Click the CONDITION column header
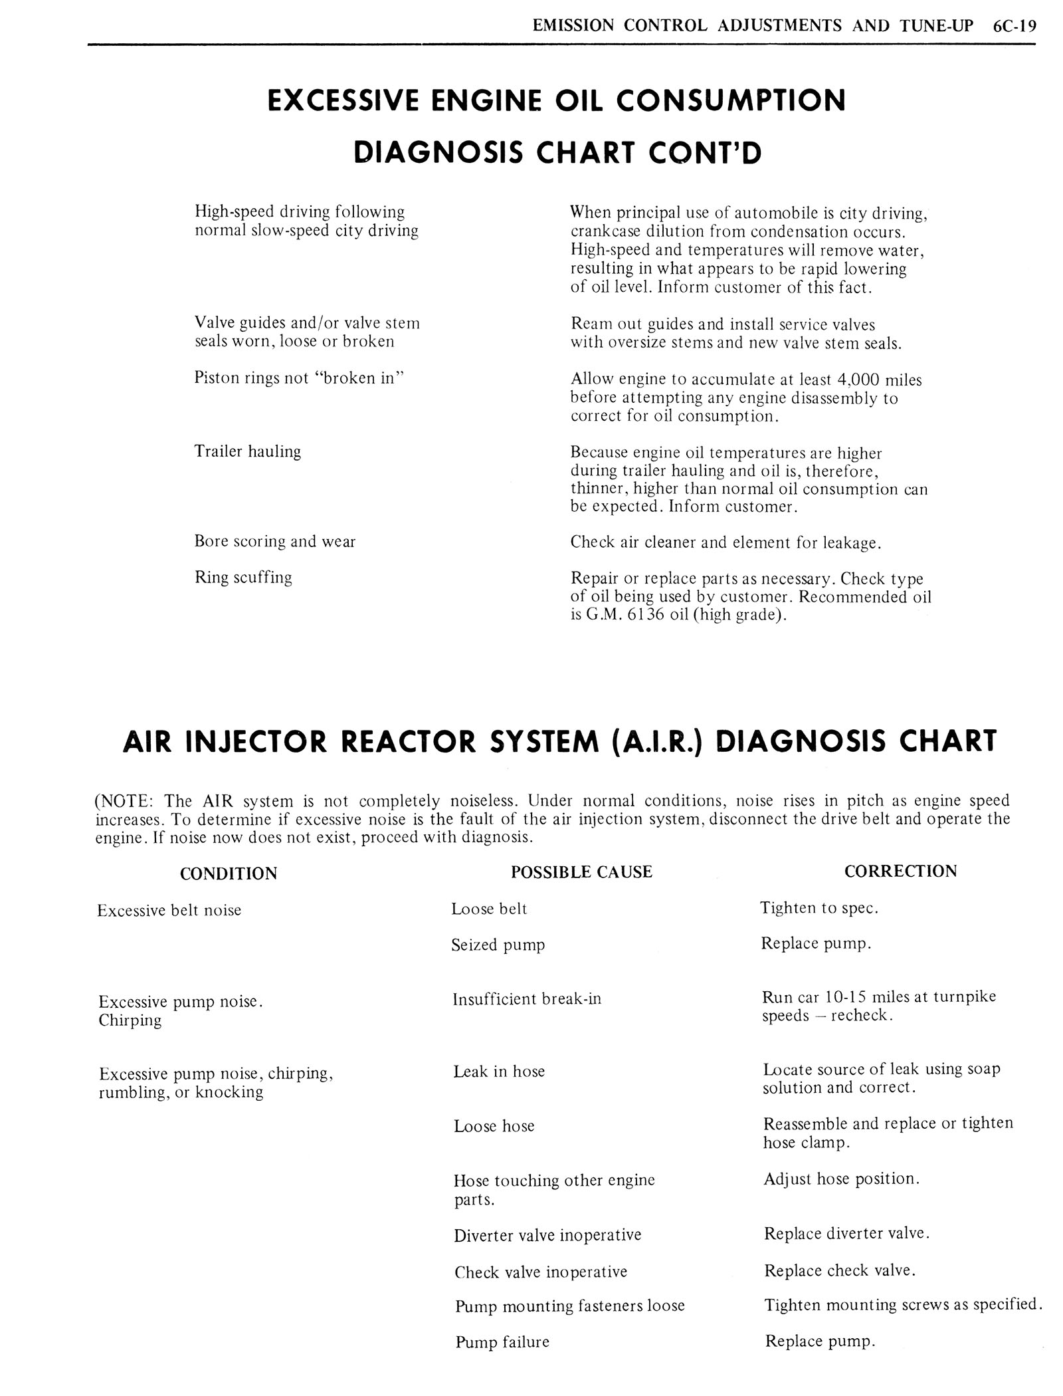click(x=229, y=873)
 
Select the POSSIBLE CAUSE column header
click(x=581, y=872)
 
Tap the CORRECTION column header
click(x=900, y=872)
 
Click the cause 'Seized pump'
click(x=498, y=945)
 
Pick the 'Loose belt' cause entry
click(x=489, y=909)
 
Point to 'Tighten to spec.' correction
click(x=819, y=908)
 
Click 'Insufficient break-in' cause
click(x=527, y=999)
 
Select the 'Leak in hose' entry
click(x=499, y=1072)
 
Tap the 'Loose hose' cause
click(x=494, y=1126)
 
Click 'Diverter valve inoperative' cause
click(x=547, y=1235)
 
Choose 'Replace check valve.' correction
click(x=840, y=1271)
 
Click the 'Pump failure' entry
click(x=502, y=1342)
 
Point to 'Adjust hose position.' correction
click(x=842, y=1179)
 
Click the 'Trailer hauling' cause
click(x=248, y=451)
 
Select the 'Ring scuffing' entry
click(x=243, y=578)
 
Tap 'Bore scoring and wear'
click(x=275, y=542)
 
